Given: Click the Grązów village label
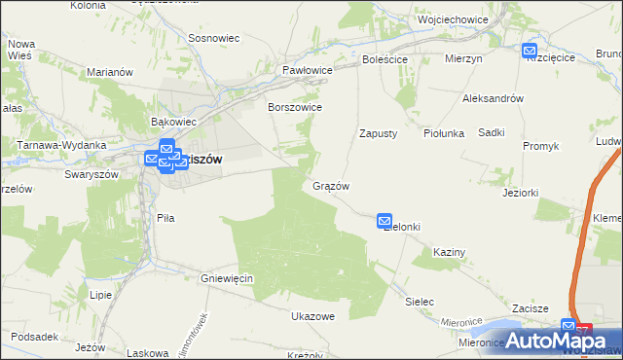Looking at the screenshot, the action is click(331, 186).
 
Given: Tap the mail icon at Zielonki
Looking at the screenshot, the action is click(385, 222).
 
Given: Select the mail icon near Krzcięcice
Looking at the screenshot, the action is click(530, 51).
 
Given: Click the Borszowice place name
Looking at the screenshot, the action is click(295, 107).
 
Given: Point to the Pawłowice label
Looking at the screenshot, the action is click(308, 71).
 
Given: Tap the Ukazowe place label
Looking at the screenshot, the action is click(312, 316).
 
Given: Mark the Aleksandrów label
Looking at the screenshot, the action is click(494, 99).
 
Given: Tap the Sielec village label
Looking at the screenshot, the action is click(420, 302).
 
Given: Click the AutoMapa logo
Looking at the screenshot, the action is click(560, 342).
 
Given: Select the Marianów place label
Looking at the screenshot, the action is click(109, 72).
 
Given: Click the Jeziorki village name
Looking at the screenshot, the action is click(521, 193).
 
